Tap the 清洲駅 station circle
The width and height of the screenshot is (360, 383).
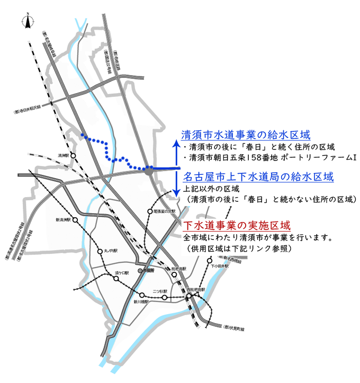(x=73, y=156)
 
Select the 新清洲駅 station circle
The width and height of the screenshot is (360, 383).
(x=75, y=220)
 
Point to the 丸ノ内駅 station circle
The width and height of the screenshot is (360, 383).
(x=100, y=251)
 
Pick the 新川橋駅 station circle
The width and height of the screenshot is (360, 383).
(x=142, y=295)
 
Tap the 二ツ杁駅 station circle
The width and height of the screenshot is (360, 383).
(x=164, y=298)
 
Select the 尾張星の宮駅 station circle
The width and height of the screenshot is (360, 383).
(x=150, y=211)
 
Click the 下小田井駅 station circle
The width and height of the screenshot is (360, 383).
(x=210, y=261)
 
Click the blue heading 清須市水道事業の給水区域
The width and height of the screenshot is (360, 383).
(x=245, y=135)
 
